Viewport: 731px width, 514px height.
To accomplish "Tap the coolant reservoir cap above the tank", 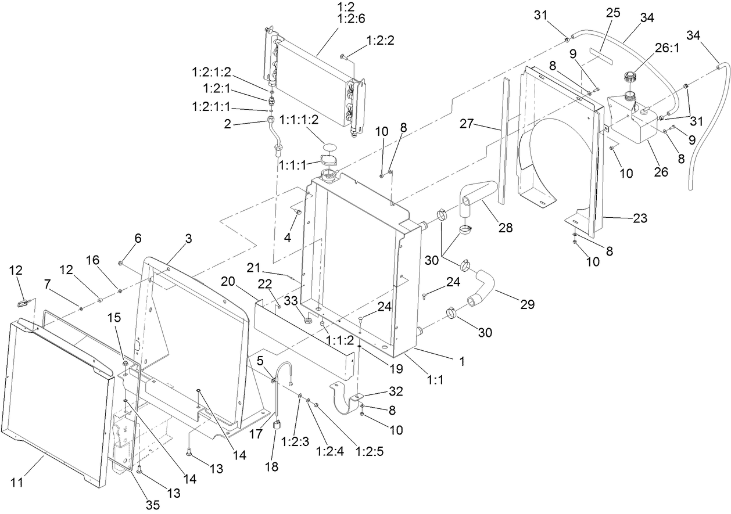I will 630,77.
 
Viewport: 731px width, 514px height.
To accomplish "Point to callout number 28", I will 505,228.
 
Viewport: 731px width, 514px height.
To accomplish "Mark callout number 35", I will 152,505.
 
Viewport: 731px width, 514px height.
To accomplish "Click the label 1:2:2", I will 381,40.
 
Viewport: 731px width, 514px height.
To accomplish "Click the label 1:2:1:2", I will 212,72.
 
